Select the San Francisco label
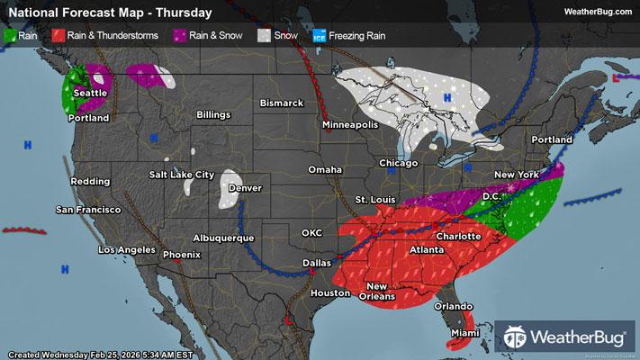pos(88,210)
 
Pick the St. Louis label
pos(373,198)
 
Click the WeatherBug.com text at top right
pos(595,12)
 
